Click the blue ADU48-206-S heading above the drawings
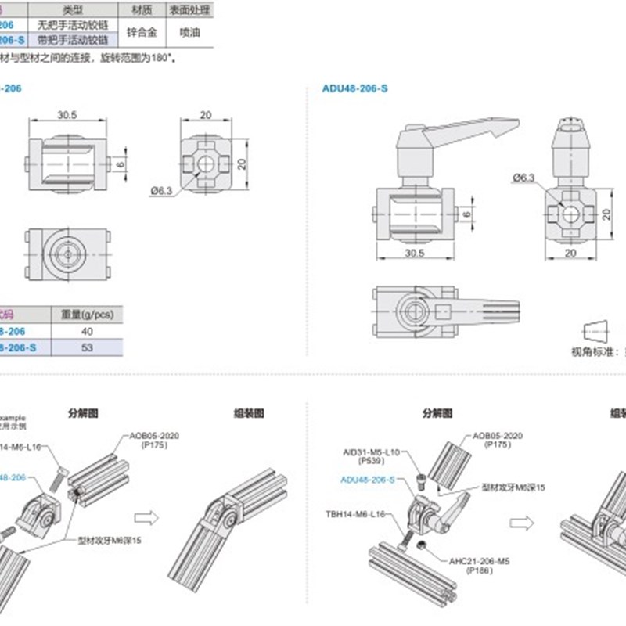pos(354,88)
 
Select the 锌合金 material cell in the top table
pos(141,32)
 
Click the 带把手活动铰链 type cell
pos(74,40)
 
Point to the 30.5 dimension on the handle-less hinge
pos(67,114)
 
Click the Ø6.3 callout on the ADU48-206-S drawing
pos(523,178)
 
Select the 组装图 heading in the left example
pos(249,412)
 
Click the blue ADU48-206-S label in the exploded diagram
pos(368,480)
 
